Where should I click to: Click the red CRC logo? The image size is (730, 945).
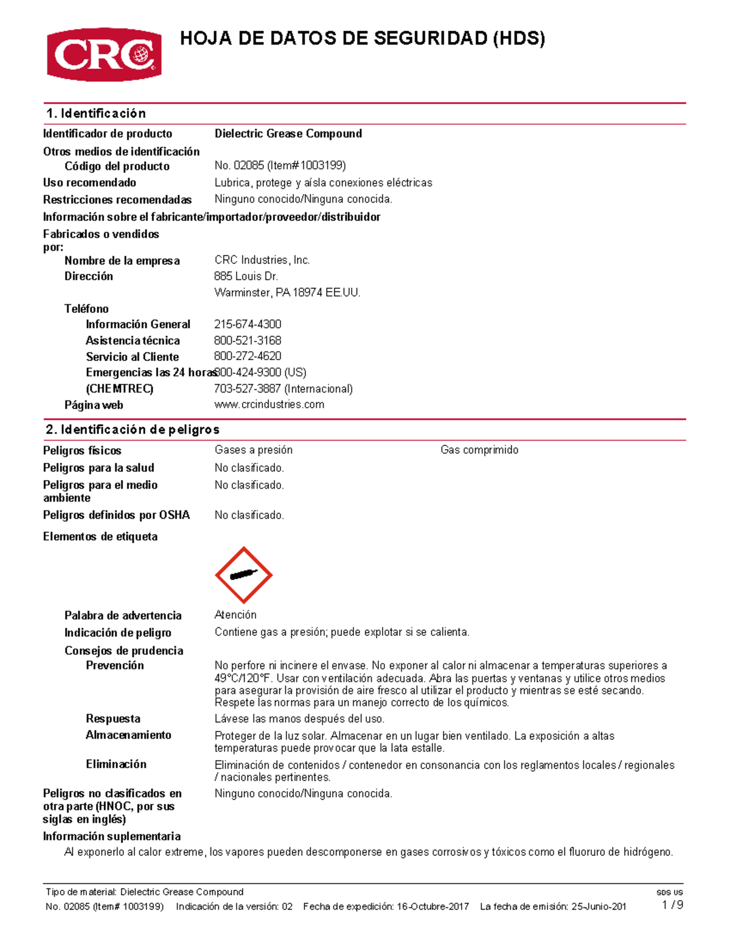(104, 54)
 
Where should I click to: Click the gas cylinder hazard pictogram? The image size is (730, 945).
(243, 575)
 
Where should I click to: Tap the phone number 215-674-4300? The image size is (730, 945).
(248, 324)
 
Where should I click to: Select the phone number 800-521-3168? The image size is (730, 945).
(248, 341)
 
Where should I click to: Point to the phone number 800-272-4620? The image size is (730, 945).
(248, 356)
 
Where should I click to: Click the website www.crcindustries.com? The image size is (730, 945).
(269, 405)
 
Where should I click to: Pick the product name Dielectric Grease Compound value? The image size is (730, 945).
(288, 134)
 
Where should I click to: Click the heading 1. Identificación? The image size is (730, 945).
(96, 114)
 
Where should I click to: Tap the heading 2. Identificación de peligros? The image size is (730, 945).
(132, 430)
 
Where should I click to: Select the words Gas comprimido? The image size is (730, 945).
(479, 450)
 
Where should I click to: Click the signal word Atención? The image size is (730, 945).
(235, 615)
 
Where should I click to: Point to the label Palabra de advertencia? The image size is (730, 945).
(123, 616)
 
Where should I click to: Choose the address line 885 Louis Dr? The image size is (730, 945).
(246, 276)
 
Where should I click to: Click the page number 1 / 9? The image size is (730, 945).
(672, 905)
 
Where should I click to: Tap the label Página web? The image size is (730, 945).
(94, 405)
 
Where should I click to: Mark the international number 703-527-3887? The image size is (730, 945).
(248, 389)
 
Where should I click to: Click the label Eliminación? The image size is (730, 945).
(116, 764)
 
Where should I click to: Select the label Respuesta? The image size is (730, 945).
(113, 719)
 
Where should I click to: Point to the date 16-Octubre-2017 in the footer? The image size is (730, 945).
(433, 907)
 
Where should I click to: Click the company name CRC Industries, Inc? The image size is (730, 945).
(262, 260)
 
